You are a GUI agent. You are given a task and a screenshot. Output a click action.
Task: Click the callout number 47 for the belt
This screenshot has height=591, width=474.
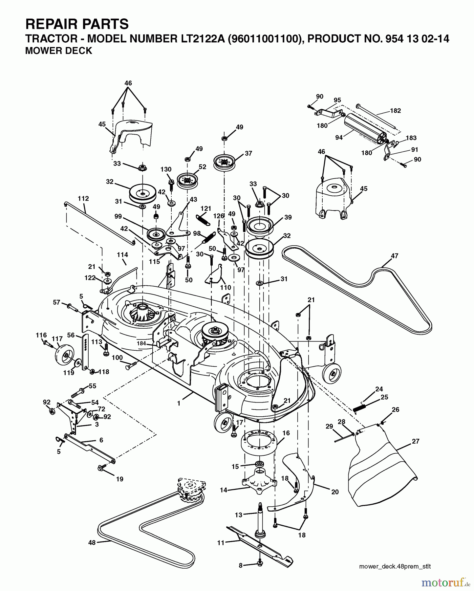[x=394, y=255]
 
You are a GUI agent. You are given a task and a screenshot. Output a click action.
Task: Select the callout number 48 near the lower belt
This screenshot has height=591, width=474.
[x=92, y=543]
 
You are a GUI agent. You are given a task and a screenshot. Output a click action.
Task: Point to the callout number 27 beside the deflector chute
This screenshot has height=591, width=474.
[x=416, y=441]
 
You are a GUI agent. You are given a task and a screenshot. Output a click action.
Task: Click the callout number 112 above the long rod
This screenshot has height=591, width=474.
[x=83, y=199]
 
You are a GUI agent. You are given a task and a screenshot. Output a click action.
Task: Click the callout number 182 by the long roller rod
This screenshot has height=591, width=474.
[x=395, y=111]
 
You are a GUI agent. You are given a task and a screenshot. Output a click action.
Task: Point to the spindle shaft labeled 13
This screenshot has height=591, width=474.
[x=260, y=519]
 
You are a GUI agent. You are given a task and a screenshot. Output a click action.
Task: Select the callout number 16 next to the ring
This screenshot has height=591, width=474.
[x=286, y=433]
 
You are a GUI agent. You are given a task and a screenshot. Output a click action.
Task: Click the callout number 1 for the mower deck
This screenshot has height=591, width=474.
[x=179, y=404]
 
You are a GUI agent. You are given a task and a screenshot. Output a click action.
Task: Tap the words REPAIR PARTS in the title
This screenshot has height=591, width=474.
[x=77, y=24]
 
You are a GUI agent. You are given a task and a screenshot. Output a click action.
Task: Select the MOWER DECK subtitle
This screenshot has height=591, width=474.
[x=59, y=51]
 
